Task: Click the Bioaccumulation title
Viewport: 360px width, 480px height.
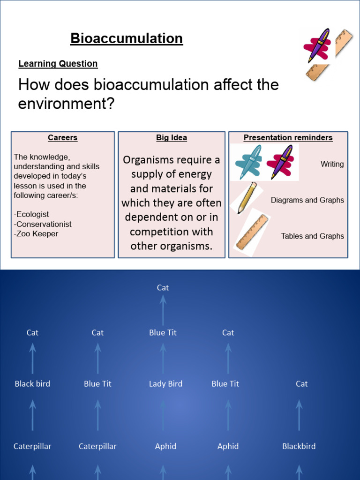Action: tap(127, 38)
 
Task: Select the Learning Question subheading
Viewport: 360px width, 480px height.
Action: tap(58, 64)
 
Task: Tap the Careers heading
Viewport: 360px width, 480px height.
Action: tap(62, 138)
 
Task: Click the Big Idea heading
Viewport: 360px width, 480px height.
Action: tap(172, 138)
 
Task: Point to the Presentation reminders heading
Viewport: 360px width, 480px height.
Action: tap(288, 138)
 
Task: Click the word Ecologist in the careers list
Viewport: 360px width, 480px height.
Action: tap(33, 214)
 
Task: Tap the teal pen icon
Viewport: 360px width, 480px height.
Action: tap(248, 162)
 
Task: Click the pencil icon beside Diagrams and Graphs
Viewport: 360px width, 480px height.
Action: tap(247, 198)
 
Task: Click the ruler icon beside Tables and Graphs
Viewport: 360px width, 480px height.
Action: tap(252, 232)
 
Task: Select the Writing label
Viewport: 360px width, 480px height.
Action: tap(332, 164)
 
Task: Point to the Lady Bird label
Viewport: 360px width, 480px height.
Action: tap(165, 384)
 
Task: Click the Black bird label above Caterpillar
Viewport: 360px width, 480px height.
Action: tap(32, 384)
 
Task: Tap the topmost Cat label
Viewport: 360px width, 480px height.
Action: tap(163, 288)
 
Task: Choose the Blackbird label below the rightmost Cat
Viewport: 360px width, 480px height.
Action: tap(299, 446)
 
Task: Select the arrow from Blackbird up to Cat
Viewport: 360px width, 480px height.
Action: tap(299, 415)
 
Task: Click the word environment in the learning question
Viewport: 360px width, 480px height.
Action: tap(57, 104)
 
